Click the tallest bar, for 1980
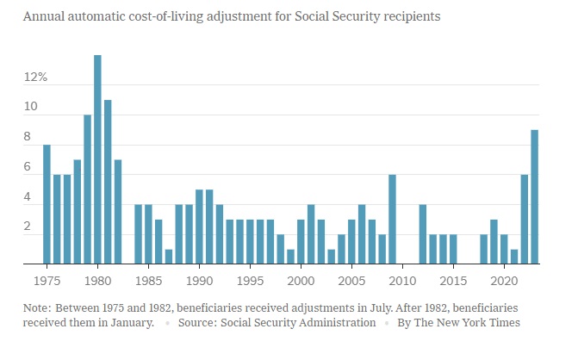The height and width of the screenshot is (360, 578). pos(97,159)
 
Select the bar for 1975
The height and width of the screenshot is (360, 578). pos(47,204)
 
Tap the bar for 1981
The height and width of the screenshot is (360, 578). pos(108,182)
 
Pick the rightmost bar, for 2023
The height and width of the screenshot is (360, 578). pos(535,196)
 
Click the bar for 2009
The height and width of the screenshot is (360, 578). pos(392,219)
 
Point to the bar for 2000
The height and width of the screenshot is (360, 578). pos(301,242)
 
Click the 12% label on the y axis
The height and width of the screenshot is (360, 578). pos(35,78)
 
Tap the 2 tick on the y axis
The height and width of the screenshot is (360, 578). pos(28,227)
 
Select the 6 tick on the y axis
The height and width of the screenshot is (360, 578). pos(28,166)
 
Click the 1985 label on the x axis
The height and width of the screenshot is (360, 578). pos(148,280)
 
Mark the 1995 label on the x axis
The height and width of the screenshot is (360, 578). pos(250,280)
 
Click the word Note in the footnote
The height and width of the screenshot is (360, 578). pos(39,307)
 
